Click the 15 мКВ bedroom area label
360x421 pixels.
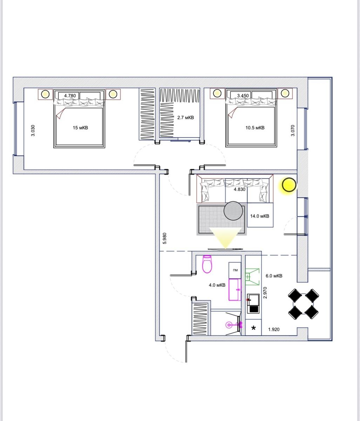tap(80, 128)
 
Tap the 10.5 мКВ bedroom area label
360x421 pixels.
tap(255, 128)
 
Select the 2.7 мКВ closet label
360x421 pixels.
tap(185, 118)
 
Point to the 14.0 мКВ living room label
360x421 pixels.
tap(259, 216)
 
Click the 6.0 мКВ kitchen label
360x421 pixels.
tap(274, 276)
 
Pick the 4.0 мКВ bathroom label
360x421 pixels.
tap(217, 285)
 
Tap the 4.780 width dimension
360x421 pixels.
tap(70, 95)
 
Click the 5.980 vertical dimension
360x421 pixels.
tap(165, 239)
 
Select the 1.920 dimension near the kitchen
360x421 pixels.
tap(274, 329)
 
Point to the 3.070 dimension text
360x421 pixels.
tap(293, 131)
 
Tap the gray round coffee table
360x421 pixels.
tap(233, 211)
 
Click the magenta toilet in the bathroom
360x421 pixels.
tap(207, 264)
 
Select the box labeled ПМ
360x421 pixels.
tap(235, 270)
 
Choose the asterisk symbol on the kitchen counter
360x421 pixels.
tap(253, 329)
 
